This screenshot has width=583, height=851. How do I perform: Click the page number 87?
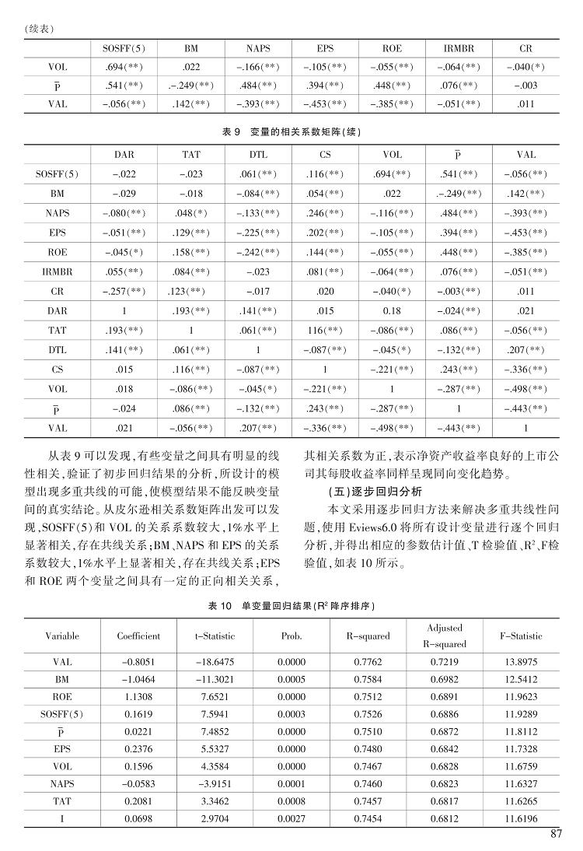[x=555, y=835]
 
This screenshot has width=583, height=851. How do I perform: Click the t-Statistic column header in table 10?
[x=215, y=636]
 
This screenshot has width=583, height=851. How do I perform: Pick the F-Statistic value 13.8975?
[x=522, y=662]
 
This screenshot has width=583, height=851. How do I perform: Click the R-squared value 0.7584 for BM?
[x=368, y=679]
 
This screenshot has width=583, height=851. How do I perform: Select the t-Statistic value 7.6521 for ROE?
[x=215, y=696]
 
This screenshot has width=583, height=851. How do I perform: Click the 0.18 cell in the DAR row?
[x=392, y=310]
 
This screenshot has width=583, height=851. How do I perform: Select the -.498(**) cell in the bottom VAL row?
[x=392, y=427]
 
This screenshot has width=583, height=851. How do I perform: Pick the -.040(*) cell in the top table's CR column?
[x=525, y=67]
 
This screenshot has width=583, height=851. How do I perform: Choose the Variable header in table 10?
[x=62, y=636]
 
